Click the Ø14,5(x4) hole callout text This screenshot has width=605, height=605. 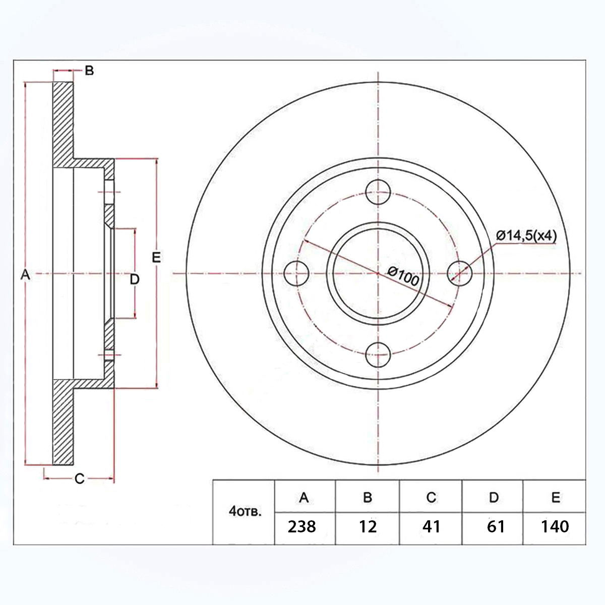526,235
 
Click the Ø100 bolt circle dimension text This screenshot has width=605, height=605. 403,276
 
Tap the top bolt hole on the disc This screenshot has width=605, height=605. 378,192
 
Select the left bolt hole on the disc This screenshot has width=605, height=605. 296,273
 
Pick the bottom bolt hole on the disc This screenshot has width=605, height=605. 378,355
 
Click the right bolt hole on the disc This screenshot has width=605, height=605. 460,273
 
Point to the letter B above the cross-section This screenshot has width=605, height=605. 89,71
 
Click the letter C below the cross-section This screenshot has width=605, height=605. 80,478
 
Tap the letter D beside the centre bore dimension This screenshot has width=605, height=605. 135,279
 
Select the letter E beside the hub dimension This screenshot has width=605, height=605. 156,257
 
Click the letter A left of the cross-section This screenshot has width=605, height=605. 25,275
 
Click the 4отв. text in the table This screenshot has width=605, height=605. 245,512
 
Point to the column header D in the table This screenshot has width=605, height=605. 494,497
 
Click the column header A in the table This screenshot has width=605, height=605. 304,497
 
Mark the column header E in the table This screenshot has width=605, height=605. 556,497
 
